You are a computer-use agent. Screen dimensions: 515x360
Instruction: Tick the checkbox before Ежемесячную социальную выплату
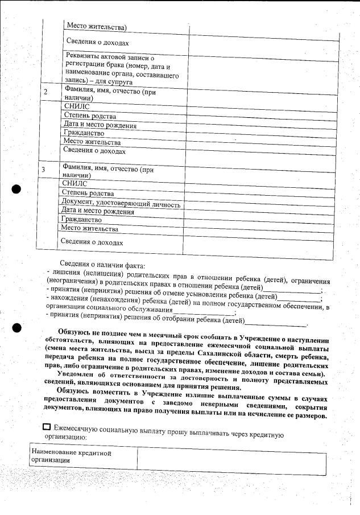pos(47,427)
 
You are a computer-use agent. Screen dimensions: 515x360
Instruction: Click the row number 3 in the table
pos(43,170)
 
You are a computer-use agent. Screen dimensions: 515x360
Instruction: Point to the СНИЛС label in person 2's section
pos(76,106)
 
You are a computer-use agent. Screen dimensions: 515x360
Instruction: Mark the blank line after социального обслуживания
pos(204,311)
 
